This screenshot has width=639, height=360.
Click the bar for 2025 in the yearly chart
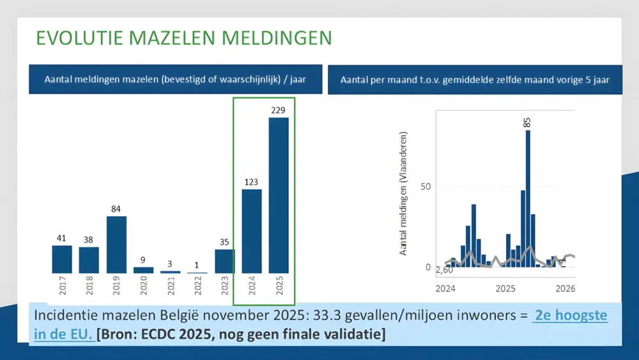(x=279, y=195)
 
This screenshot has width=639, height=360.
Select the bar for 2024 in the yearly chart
(x=252, y=231)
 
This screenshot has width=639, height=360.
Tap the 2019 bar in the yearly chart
(x=116, y=245)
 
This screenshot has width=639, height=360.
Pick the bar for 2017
(x=62, y=259)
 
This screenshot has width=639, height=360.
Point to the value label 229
(x=279, y=111)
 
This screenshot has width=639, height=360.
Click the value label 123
(x=252, y=182)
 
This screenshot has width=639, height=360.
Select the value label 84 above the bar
(x=116, y=209)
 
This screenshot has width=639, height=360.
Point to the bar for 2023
(x=224, y=261)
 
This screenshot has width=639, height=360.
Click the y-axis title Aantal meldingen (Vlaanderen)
(x=404, y=194)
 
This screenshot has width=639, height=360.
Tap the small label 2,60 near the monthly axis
(x=444, y=270)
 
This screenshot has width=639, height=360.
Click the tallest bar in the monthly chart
(x=528, y=198)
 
